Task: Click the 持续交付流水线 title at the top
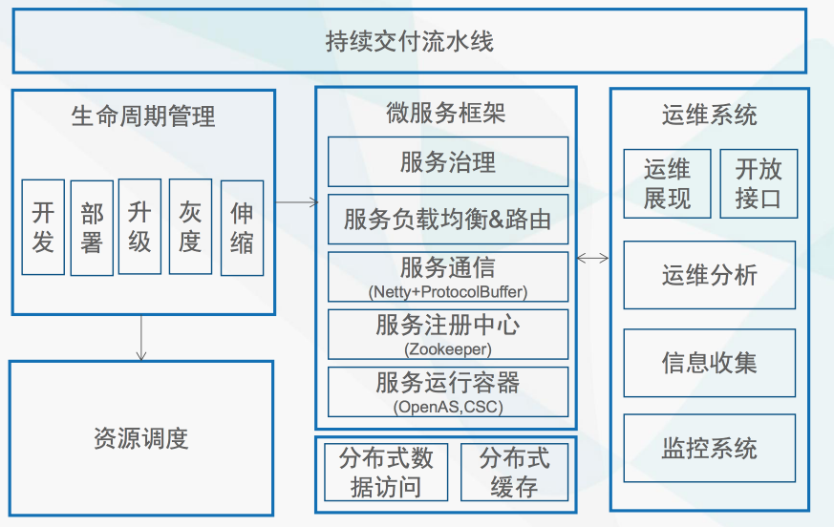pos(410,41)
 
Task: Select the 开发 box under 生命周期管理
pos(43,227)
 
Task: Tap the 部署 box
pos(92,227)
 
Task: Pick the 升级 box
pos(139,226)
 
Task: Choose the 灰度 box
pos(190,226)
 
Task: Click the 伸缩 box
pos(242,227)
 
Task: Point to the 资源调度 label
pos(141,439)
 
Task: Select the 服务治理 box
pos(448,161)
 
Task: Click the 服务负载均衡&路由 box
pos(448,219)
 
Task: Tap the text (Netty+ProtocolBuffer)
pos(448,292)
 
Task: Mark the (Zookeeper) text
pos(448,349)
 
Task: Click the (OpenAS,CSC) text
pos(448,407)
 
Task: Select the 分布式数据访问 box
pos(386,473)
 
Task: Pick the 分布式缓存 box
pos(514,473)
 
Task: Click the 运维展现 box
pos(667,183)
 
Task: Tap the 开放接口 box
pos(759,183)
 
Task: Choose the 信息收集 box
pos(710,363)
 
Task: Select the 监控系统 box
pos(710,449)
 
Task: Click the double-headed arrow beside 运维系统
pos(593,259)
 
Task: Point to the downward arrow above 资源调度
pos(141,338)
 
